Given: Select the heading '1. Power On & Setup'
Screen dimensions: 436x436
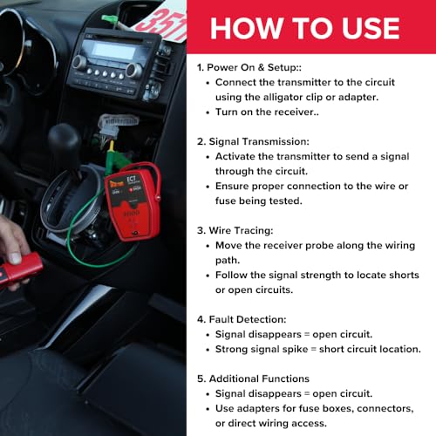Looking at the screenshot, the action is coord(249,67).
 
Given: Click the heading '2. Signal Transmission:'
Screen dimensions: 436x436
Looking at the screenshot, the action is coord(253,141).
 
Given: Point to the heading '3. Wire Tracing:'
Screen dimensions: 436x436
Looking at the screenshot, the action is coord(235,230).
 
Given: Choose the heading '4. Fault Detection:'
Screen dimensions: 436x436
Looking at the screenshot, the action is coord(242,319).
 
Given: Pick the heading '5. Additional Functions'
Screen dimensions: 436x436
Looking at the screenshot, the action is coord(253,378).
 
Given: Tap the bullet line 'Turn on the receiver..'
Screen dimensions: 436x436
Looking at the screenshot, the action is coord(267,112).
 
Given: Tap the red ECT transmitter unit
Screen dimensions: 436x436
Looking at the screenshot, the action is coord(133,202).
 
